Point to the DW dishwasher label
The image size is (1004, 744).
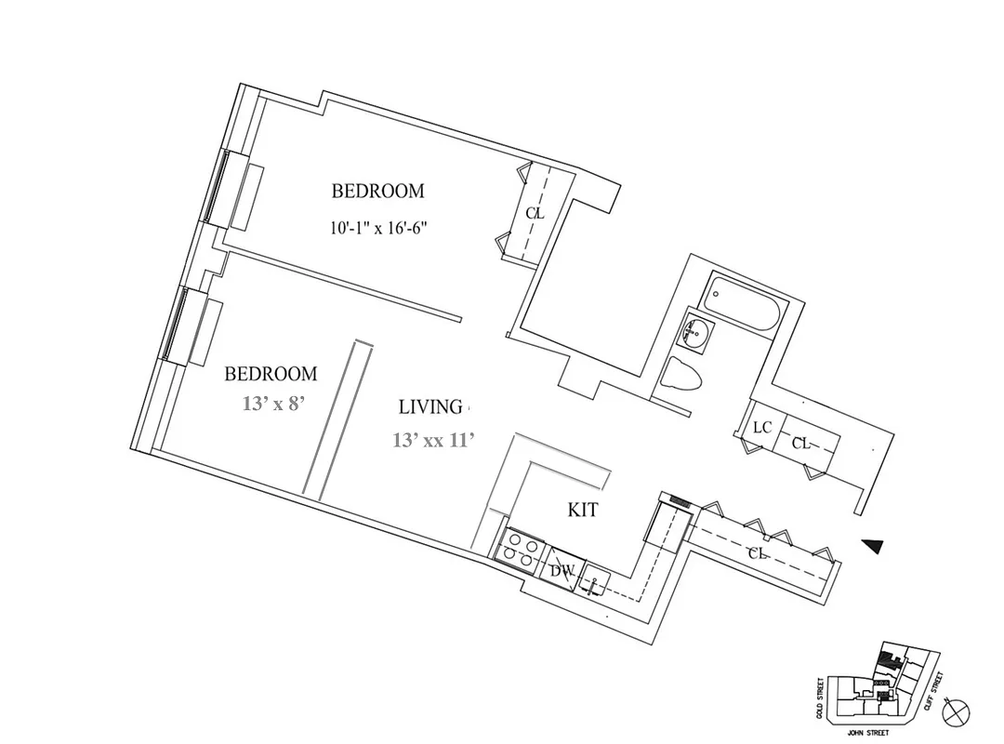coord(561,570)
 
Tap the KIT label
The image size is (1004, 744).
coord(583,510)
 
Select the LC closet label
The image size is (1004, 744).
coord(763,428)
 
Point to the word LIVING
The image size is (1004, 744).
coord(430,406)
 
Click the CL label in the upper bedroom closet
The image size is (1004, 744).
coord(534,213)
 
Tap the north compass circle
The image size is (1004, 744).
coord(955,713)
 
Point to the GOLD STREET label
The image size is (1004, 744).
coord(820,697)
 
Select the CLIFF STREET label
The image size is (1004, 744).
coord(937,691)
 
